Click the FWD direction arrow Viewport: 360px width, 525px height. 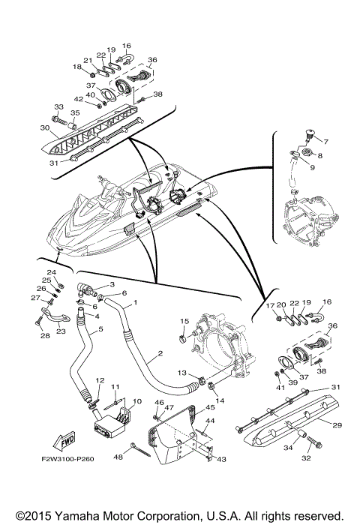(64, 441)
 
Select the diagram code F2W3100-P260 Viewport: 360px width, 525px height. (67, 459)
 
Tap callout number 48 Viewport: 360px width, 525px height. (118, 457)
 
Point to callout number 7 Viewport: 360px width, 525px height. (325, 142)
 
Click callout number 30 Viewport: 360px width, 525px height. (45, 127)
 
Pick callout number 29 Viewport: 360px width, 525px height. (337, 425)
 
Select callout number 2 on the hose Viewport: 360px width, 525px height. (160, 353)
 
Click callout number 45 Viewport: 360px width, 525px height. (210, 407)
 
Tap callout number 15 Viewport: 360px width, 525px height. (184, 321)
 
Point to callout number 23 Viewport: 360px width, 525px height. (61, 331)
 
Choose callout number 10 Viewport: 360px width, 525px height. (137, 401)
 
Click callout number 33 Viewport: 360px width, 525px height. (58, 106)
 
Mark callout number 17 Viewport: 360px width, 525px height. (270, 305)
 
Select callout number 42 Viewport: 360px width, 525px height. (78, 99)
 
